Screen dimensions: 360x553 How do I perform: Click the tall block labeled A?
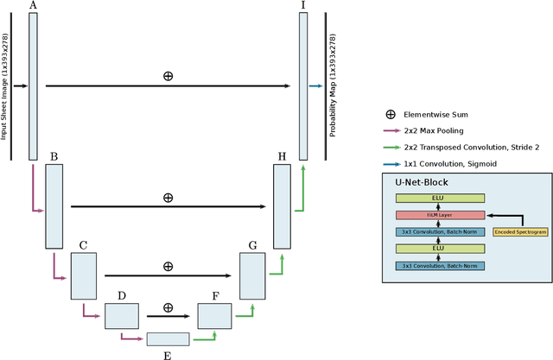[34, 86]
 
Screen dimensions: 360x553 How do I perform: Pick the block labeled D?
[122, 317]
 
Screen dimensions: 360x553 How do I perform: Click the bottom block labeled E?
[168, 339]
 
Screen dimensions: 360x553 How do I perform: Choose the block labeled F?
[215, 317]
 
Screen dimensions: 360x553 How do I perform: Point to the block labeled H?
[282, 205]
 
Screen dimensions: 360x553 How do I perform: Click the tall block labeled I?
[303, 86]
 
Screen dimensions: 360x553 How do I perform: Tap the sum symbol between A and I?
[168, 76]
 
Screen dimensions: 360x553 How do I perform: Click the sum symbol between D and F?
[168, 306]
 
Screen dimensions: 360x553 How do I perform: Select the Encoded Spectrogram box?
[519, 231]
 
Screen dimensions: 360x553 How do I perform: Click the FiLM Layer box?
[441, 214]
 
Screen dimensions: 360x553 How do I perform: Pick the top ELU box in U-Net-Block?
[441, 198]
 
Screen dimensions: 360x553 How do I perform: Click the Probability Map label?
[333, 86]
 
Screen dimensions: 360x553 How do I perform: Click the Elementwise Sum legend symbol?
[391, 114]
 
